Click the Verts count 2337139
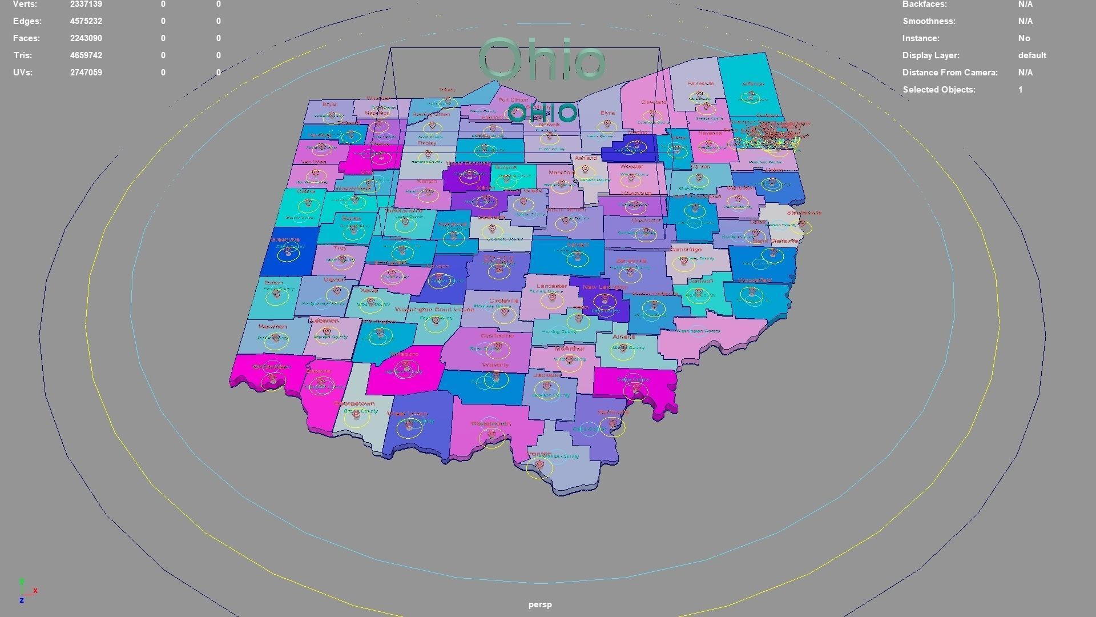(86, 5)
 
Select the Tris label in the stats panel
(23, 55)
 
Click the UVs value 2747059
(86, 73)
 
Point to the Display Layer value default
(1031, 55)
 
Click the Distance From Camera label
(949, 73)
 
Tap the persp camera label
(539, 604)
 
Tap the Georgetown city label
(354, 403)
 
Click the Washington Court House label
(434, 310)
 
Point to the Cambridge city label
(686, 250)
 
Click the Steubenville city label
(804, 213)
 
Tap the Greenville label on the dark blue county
(285, 240)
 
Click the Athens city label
(623, 337)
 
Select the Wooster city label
(631, 167)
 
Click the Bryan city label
(330, 105)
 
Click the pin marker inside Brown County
(356, 414)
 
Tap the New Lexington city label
(605, 287)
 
